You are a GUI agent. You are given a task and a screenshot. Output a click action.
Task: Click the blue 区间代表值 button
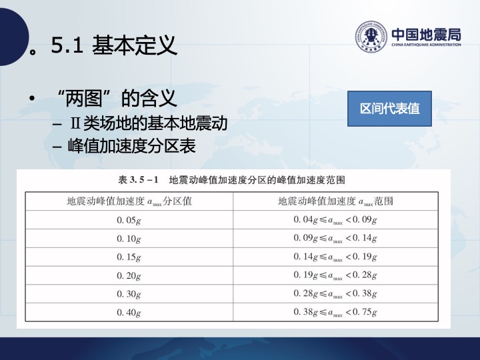point(389,109)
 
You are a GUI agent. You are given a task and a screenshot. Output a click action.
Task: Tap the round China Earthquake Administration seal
point(371,36)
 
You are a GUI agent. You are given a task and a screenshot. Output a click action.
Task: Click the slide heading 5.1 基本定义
point(114,45)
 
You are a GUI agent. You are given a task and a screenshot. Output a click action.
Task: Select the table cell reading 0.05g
point(129,220)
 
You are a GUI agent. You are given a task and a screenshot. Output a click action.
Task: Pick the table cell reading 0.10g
point(129,239)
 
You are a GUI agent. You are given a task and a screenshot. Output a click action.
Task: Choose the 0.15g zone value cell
point(129,257)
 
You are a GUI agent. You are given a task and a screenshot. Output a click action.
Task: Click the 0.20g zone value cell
point(129,275)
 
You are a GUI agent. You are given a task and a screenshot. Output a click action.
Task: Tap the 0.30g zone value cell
point(129,294)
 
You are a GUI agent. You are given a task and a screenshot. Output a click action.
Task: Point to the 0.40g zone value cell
point(129,312)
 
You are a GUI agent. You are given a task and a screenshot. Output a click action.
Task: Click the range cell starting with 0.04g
point(335,220)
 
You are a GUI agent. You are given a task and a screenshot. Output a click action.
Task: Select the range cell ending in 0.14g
point(335,239)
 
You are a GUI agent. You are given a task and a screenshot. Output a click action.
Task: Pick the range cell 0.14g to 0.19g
point(335,257)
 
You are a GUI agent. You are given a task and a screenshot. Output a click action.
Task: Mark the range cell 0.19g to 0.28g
point(335,275)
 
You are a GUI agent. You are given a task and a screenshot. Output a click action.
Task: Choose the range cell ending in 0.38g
point(335,294)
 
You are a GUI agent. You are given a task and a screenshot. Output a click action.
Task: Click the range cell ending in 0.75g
point(335,312)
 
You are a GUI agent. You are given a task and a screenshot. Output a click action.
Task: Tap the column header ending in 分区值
point(129,201)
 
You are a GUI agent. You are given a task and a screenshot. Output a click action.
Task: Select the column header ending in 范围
point(335,201)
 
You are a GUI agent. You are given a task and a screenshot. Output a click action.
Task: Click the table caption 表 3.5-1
point(232,180)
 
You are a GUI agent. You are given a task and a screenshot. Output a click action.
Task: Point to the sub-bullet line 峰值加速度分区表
point(131,146)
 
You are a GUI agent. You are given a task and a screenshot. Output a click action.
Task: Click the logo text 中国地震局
point(426,34)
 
